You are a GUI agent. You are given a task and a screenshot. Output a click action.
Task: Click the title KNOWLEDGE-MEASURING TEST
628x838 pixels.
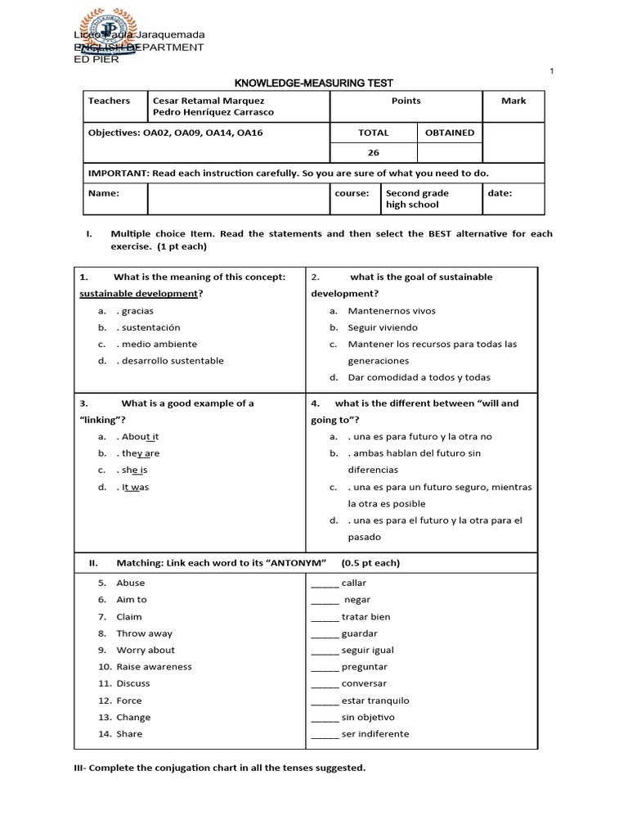(x=314, y=83)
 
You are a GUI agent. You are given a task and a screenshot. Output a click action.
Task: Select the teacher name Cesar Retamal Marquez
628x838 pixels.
(x=209, y=101)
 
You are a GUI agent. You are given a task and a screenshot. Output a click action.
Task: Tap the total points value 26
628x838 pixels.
(x=373, y=152)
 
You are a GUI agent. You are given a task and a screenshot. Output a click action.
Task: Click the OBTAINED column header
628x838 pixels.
(x=449, y=133)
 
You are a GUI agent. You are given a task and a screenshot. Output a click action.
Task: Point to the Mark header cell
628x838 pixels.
(x=514, y=101)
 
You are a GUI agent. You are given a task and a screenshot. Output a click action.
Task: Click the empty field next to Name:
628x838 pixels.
(x=238, y=199)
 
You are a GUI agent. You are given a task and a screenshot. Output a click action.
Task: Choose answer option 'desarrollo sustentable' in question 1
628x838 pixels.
(x=172, y=361)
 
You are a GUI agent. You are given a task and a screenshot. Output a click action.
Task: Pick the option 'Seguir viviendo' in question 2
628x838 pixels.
(x=383, y=327)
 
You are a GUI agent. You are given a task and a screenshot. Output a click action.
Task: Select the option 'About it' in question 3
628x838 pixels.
(x=140, y=437)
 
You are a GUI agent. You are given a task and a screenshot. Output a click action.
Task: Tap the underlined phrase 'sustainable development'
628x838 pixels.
(x=138, y=294)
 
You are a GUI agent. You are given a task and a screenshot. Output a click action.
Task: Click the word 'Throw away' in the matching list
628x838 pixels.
(x=144, y=633)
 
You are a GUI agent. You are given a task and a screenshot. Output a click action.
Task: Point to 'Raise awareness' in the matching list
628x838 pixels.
(x=154, y=667)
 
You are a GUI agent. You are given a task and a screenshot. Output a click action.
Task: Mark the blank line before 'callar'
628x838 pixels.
(x=325, y=583)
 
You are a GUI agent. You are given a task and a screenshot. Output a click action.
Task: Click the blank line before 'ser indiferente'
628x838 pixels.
(x=325, y=734)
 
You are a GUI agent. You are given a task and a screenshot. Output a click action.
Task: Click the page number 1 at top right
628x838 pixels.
(x=552, y=72)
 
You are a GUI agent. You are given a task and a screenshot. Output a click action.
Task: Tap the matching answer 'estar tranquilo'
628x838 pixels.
(x=375, y=701)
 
